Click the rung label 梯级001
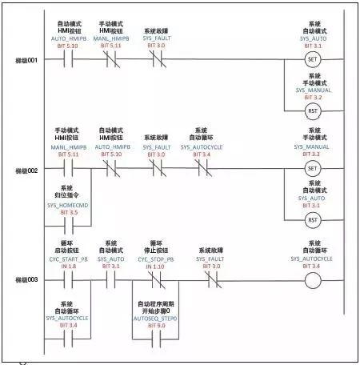pos(27,61)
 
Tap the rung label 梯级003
pos(27,281)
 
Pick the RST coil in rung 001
pos(313,110)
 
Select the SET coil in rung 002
pos(313,169)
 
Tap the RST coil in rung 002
pos(313,219)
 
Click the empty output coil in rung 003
pos(313,281)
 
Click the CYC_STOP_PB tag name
pos(156,259)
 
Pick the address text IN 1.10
pos(156,267)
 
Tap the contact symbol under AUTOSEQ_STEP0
pos(156,336)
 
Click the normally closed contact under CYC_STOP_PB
pos(156,281)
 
